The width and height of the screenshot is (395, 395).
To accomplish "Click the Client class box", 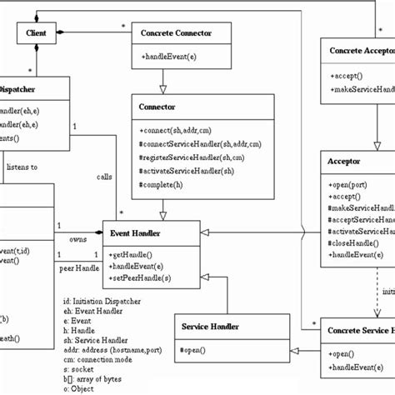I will point(36,34).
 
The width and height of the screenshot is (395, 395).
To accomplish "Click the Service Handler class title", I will point(212,326).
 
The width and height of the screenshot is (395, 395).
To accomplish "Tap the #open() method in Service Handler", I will point(194,349).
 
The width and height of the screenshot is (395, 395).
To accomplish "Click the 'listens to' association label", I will point(22,167).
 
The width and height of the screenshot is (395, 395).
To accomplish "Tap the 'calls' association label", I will point(105,176).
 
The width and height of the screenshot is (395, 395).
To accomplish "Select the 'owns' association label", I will point(77,239).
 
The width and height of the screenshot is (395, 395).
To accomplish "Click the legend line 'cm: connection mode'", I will point(98,360).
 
